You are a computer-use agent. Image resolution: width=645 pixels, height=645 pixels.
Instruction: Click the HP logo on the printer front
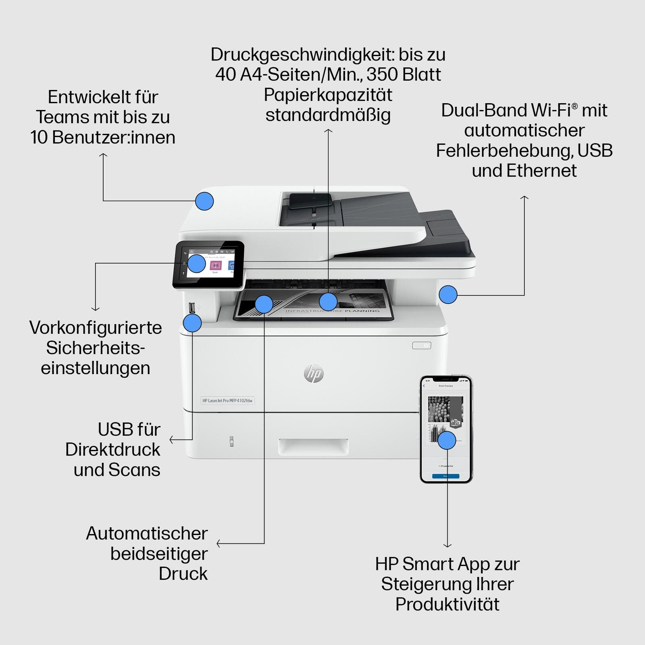pos(314,374)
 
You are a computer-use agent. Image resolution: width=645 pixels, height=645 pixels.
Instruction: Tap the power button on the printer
pos(422,345)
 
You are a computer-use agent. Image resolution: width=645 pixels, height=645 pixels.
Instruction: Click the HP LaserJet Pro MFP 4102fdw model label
pos(227,400)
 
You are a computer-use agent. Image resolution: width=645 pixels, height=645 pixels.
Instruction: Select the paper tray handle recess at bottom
pos(313,447)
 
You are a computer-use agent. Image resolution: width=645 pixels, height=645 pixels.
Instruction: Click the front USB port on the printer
pos(192,308)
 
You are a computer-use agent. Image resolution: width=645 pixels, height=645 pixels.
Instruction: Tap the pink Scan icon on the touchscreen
pos(216,266)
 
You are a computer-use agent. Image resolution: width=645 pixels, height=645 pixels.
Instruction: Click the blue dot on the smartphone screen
pos(447,440)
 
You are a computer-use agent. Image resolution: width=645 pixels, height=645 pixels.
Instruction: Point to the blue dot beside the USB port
pos(192,323)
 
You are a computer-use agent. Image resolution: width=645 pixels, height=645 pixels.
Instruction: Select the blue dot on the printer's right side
pos(448,295)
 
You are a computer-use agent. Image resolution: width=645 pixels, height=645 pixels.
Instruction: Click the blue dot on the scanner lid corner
pos(204,201)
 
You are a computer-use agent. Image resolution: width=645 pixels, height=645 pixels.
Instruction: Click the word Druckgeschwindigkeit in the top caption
pos(302,54)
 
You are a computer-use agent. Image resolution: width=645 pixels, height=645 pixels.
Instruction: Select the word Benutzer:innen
pos(114,137)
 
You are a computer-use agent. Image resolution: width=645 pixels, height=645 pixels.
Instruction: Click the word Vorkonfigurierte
pos(96,328)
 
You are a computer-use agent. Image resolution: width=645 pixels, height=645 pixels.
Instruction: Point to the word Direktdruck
pos(112,449)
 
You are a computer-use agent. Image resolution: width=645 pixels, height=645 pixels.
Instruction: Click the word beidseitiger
pos(159,553)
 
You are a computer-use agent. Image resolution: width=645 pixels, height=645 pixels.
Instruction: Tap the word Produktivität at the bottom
pos(447,604)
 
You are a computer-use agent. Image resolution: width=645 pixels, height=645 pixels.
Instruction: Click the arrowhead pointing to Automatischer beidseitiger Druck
pos(218,543)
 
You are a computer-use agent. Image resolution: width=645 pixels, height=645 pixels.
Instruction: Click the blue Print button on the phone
pos(445,476)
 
